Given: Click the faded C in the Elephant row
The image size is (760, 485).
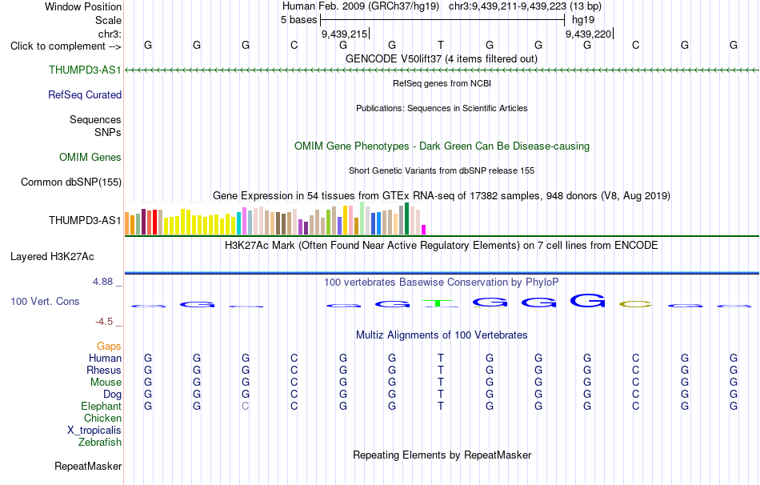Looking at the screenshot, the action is (246, 406).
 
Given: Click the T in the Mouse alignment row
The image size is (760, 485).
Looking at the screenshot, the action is (441, 383).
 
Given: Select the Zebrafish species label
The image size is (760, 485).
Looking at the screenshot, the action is (100, 442).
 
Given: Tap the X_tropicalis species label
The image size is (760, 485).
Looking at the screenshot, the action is (94, 431).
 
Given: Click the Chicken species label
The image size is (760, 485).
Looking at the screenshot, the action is (102, 418).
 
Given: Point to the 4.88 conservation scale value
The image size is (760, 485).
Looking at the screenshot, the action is (102, 281).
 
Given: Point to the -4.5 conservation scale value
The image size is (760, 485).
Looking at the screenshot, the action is (104, 322).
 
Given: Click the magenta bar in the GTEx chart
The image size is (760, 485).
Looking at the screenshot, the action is (424, 230).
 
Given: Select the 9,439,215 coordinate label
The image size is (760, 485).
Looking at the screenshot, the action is (344, 34).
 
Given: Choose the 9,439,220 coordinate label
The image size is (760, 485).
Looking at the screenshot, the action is (588, 34).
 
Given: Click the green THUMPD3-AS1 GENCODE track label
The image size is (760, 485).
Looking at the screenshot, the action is (85, 70).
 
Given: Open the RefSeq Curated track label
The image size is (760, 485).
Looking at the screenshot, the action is (85, 94).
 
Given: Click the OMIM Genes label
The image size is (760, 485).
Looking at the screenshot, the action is (90, 157).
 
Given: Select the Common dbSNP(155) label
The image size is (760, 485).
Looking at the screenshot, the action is (71, 182).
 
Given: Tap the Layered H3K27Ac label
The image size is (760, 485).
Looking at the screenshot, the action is (52, 257).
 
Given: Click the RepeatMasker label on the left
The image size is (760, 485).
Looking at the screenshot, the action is (88, 466).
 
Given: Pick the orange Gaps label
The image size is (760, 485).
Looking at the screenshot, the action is (109, 346).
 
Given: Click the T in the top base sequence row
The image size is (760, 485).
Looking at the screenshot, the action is (441, 45).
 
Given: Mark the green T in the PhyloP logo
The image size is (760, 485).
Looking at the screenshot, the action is (439, 303).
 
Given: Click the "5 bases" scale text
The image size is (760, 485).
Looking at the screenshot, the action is (298, 20).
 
